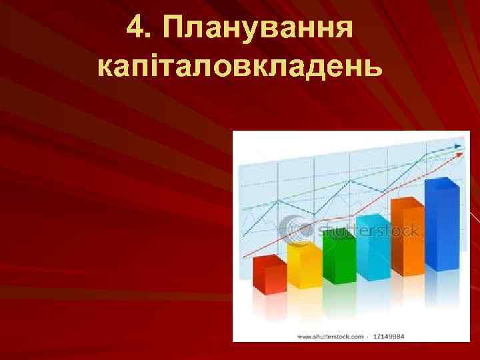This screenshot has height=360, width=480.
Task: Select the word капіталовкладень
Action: pyautogui.click(x=240, y=66)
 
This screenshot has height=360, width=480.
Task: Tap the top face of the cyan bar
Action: pyautogui.click(x=374, y=219)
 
